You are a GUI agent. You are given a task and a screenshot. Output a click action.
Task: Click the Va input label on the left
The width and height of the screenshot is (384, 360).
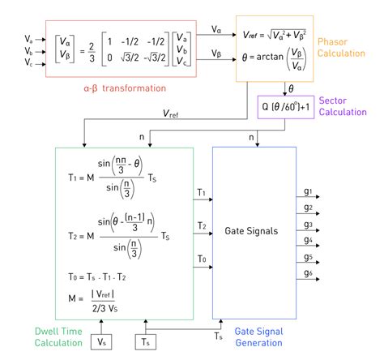click(29, 38)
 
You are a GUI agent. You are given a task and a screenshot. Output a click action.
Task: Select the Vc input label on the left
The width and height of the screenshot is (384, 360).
click(29, 62)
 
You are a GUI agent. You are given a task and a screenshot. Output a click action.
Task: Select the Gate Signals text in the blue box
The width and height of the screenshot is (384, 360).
click(253, 231)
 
